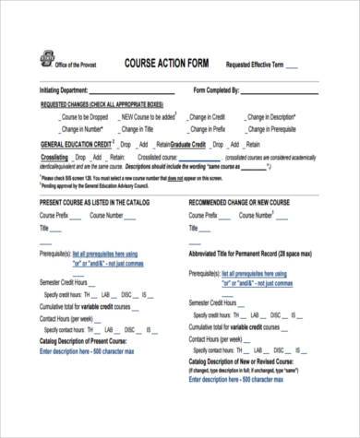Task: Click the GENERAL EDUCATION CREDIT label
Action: click(76, 145)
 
